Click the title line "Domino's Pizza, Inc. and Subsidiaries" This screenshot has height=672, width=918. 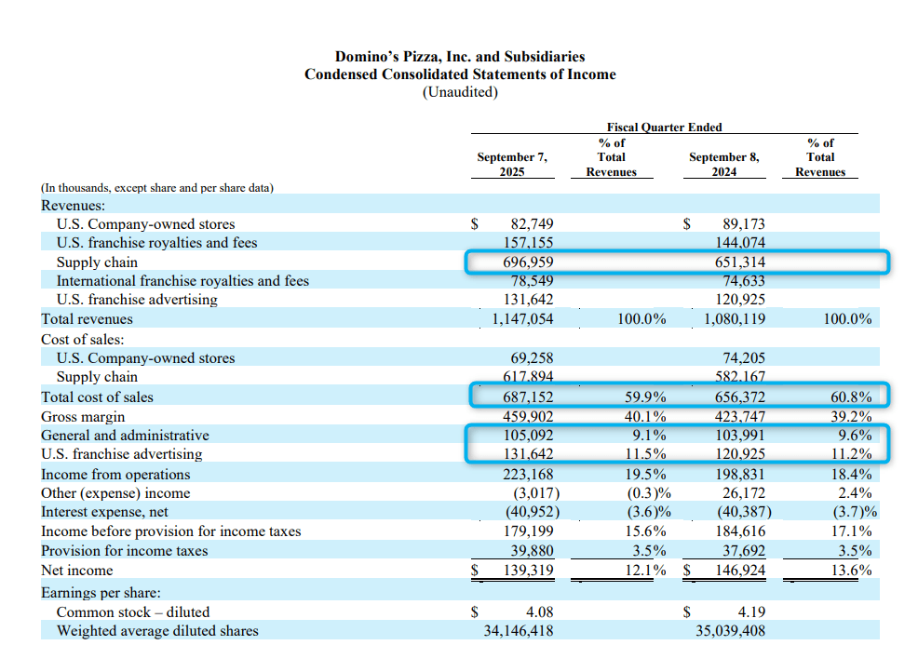coord(460,57)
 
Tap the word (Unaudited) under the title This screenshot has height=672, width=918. coord(460,92)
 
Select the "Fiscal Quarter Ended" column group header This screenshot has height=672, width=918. coord(664,127)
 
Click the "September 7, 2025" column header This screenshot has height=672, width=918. coord(512,165)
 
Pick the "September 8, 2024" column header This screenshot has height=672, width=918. coord(723,165)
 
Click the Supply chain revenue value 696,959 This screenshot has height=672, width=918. coord(526,262)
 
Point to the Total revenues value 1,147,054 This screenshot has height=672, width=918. coord(522,319)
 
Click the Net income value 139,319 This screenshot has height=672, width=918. coord(526,571)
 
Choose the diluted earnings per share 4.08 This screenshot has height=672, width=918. coord(540,612)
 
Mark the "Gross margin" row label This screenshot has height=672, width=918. coord(83,417)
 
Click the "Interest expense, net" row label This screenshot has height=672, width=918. coord(103,512)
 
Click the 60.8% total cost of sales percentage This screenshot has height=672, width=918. coord(850,397)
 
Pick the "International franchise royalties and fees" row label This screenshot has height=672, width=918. coord(182,281)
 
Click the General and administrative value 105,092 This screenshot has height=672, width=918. coord(526,436)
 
